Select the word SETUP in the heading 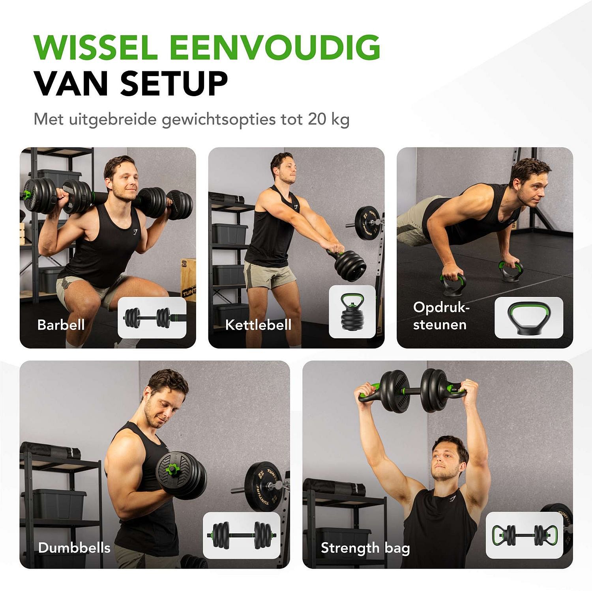click(x=174, y=84)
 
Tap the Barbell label click(x=61, y=325)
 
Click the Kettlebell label click(x=258, y=325)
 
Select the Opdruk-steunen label click(x=440, y=316)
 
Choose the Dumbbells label click(x=74, y=548)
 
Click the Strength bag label click(x=365, y=548)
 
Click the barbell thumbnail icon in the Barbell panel click(x=152, y=317)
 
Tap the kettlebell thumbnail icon click(x=352, y=311)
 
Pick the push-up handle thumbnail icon click(x=528, y=318)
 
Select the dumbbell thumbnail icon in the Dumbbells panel click(x=241, y=535)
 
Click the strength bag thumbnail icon click(x=524, y=535)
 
